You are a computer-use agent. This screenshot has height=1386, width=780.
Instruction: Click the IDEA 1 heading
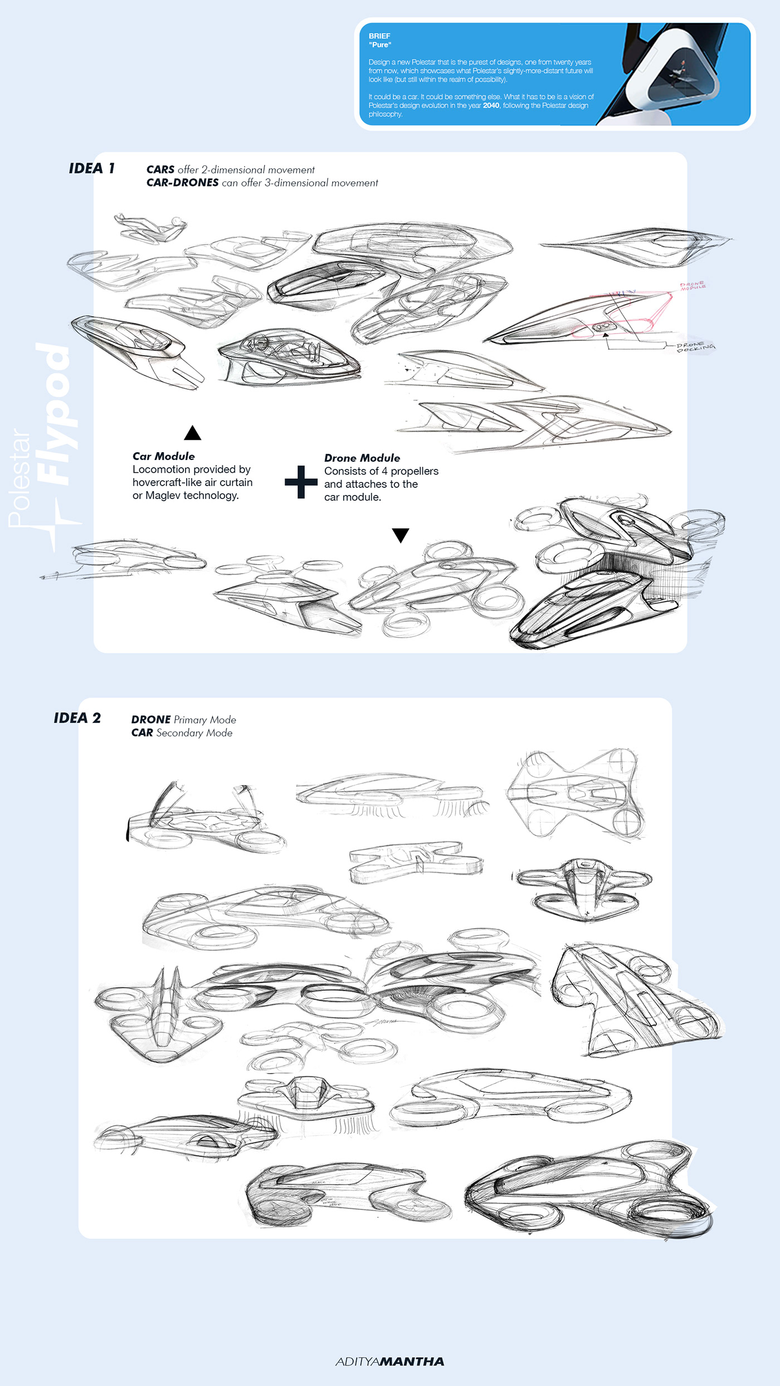tap(91, 168)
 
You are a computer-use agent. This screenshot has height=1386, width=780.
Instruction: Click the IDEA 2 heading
tap(77, 718)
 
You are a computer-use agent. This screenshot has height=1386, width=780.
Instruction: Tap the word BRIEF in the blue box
tap(379, 36)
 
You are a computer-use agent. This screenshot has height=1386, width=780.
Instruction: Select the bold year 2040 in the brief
tap(491, 105)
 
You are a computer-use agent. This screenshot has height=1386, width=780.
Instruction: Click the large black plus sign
tap(301, 482)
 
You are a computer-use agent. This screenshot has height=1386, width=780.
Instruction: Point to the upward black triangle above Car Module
tap(192, 433)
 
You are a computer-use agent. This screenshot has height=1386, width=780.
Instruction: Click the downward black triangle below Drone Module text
tap(401, 535)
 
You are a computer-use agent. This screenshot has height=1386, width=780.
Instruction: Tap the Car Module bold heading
tap(163, 456)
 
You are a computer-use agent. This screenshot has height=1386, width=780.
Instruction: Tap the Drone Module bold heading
tap(362, 458)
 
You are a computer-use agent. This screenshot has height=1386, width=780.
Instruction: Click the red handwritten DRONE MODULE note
tap(693, 286)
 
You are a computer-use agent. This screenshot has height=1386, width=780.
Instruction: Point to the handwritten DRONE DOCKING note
tap(695, 346)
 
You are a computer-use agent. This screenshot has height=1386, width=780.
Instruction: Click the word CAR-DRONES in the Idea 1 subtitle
tap(182, 183)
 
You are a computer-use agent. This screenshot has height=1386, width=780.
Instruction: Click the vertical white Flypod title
tap(55, 415)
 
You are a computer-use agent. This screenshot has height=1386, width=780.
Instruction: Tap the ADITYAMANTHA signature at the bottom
tap(389, 1361)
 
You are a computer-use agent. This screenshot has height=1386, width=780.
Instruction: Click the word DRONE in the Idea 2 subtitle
tap(150, 719)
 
